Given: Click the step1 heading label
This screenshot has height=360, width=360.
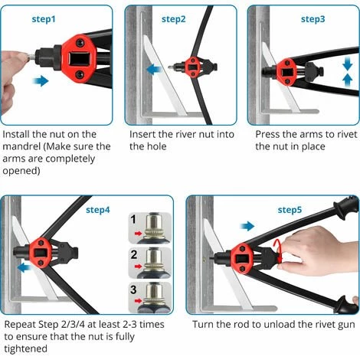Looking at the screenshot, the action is [44, 19].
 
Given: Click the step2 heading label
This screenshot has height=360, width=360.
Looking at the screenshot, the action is [174, 19].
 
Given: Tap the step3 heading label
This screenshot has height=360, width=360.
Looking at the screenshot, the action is [313, 19].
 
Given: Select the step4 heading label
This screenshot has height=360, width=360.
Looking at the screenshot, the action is [98, 210].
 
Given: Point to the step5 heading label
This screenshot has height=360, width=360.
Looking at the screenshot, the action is [290, 210].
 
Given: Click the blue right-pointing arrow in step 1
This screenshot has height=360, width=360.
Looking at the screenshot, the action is [41, 81].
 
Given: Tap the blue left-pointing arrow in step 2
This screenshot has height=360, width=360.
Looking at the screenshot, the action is [154, 69].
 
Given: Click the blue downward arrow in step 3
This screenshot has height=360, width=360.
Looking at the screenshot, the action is [348, 64].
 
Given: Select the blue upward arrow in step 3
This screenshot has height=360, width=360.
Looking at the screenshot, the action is [348, 80].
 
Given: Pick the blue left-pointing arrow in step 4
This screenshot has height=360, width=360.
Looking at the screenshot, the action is [25, 268].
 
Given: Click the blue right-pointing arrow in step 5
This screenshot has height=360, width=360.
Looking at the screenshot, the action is [247, 226].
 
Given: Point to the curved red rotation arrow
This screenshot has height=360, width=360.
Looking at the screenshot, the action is [279, 250].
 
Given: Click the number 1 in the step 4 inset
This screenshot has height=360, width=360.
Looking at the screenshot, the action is [133, 220].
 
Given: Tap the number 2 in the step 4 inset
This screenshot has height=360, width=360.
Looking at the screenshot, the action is [133, 254].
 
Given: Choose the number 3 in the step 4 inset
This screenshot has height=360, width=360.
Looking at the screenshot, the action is [133, 290].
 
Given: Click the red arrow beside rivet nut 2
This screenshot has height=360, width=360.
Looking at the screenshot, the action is [138, 267].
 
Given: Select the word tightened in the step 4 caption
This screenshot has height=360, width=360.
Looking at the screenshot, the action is [26, 349].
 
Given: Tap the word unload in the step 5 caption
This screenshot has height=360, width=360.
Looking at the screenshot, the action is [280, 325].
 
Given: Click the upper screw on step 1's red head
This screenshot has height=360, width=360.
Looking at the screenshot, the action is [80, 42].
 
